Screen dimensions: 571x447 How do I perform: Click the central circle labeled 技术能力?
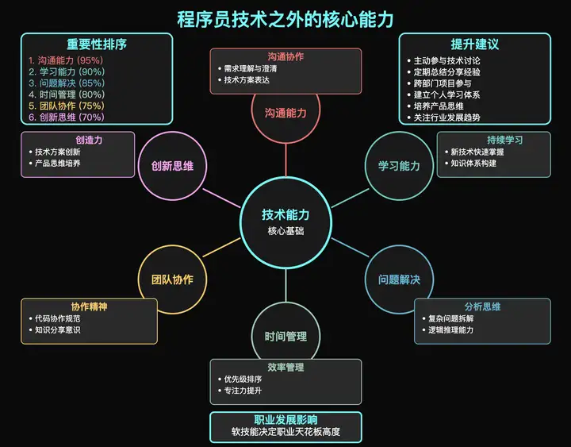coord(285,221)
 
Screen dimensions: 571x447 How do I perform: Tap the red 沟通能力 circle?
coord(285,113)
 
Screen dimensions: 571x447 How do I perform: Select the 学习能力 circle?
coord(399,165)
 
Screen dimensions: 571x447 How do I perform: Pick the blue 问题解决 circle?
coord(399,279)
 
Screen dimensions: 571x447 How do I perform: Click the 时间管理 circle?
coord(285,336)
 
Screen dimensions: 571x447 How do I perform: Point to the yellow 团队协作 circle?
coord(172,279)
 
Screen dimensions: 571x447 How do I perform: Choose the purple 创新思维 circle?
coord(172,165)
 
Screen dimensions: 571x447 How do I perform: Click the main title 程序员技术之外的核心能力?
coord(285,18)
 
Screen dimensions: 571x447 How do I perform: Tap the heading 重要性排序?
coord(96,44)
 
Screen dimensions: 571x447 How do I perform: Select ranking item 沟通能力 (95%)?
coord(66,60)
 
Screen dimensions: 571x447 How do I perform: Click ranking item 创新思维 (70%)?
coord(66,117)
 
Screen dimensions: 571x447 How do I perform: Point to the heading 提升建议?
coord(474,44)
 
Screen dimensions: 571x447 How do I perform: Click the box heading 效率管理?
coord(285,368)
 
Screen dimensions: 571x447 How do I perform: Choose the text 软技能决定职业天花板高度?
coord(285,432)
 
